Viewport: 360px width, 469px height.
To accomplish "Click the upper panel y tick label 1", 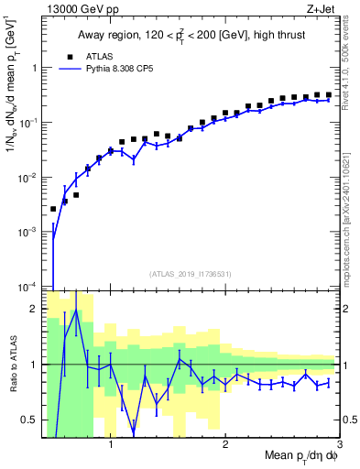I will [36, 67].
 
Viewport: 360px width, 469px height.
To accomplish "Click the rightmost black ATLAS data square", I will [328, 94].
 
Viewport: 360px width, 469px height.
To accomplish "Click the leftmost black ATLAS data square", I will [53, 209].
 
